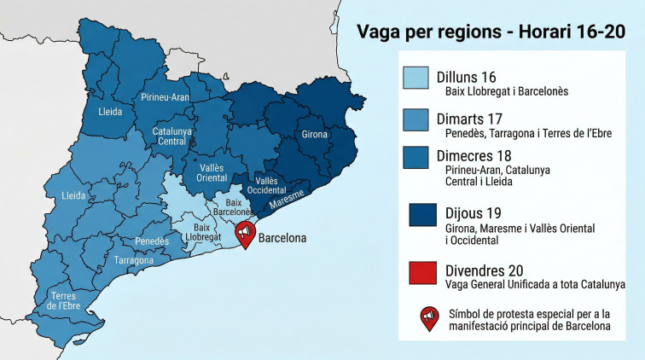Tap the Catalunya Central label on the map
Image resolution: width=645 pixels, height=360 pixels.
pos(171,136)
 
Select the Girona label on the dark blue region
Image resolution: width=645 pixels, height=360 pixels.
pos(315,135)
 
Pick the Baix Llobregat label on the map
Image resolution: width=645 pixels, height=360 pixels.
pos(202,232)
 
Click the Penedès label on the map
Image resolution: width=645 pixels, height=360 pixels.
pos(150,242)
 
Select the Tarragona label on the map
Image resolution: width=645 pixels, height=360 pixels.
pos(133,259)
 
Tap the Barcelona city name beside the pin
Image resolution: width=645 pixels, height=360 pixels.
pos(282,239)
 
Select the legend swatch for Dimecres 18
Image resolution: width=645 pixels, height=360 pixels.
pos(417,163)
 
